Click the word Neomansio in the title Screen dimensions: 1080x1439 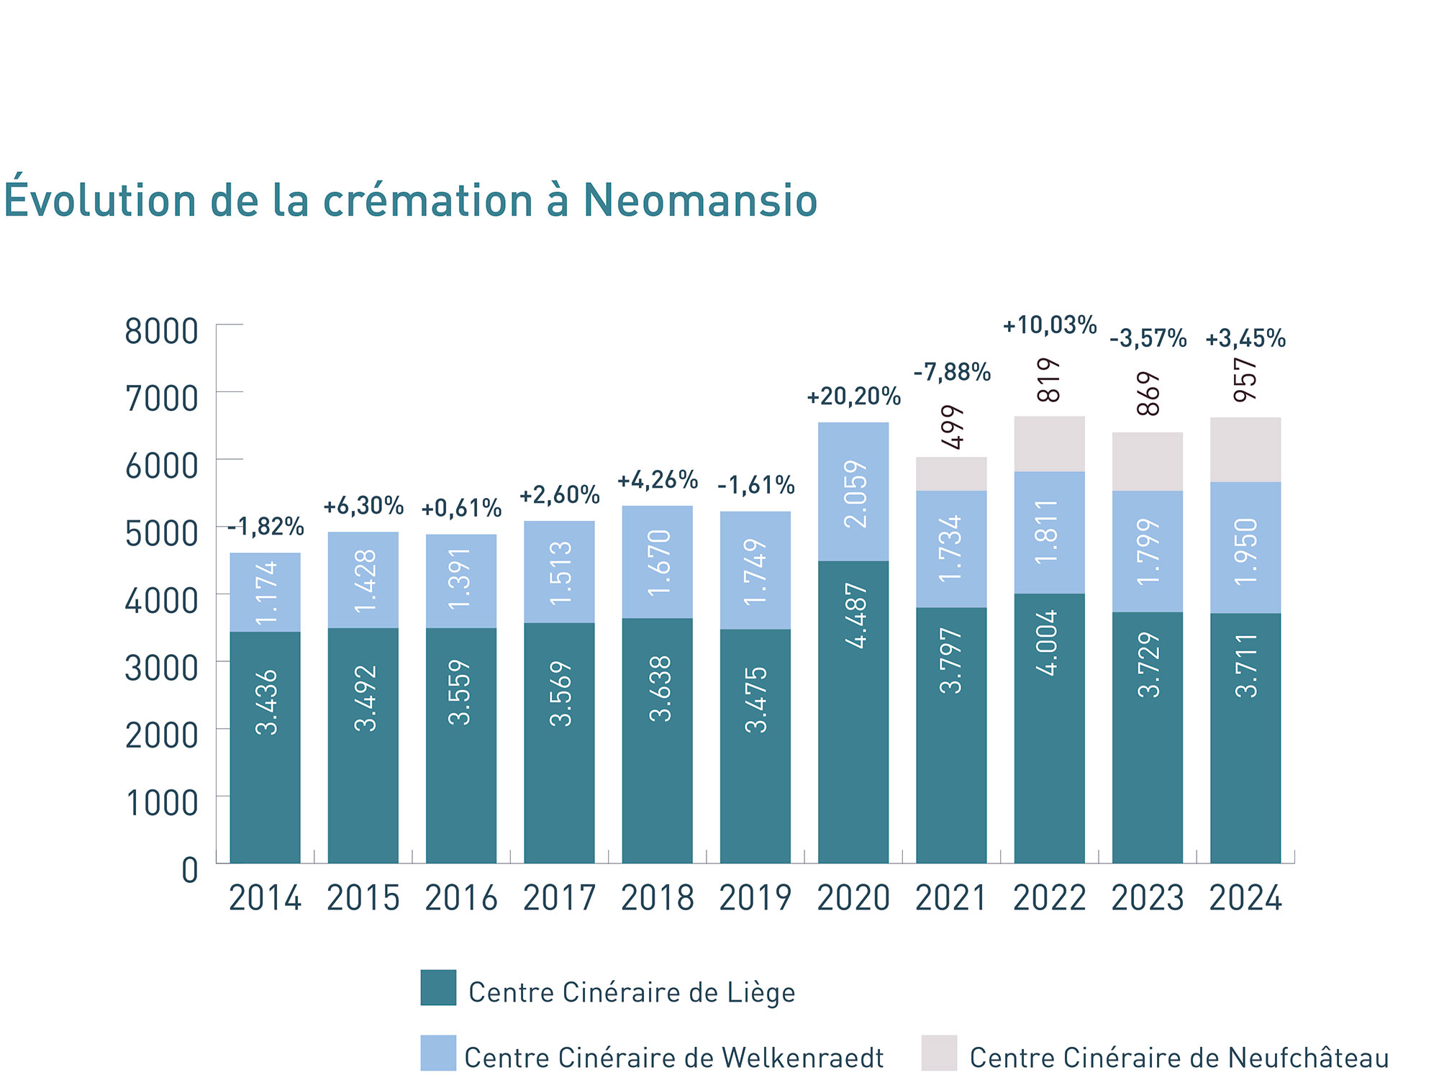point(699,200)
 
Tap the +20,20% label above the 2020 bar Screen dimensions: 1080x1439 point(853,396)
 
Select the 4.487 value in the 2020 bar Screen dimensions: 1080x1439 point(855,616)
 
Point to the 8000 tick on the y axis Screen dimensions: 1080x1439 point(161,332)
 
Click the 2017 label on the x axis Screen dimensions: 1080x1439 point(559,898)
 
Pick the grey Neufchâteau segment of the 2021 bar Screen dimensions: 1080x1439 point(951,474)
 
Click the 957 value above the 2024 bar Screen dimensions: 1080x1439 point(1245,379)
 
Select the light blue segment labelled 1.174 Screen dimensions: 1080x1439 point(265,592)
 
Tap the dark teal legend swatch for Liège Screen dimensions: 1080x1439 point(438,987)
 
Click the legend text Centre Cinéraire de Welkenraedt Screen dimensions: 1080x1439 point(673,1058)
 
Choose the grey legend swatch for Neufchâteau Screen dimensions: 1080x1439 point(939,1053)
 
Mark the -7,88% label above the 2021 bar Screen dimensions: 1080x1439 point(952,372)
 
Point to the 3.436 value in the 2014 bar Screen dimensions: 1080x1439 point(266,702)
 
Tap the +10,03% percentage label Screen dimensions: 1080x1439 point(1050,325)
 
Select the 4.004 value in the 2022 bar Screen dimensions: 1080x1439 point(1050,642)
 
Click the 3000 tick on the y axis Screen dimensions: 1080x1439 point(161,668)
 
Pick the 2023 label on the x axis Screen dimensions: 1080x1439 point(1148,898)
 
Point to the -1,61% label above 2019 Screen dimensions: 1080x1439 point(755,486)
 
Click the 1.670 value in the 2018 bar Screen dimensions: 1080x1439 point(658,563)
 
